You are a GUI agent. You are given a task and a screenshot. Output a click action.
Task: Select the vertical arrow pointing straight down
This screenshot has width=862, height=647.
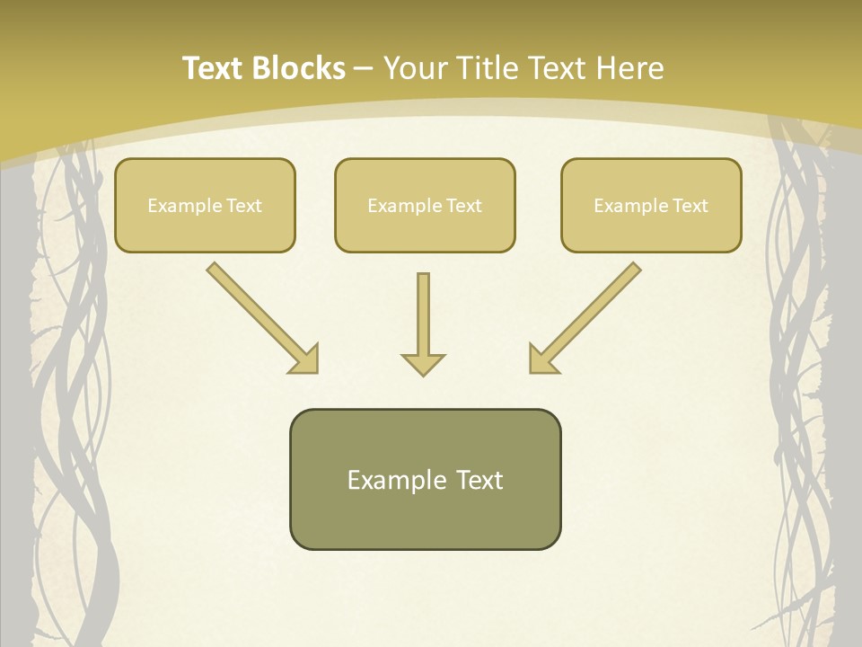coord(423,319)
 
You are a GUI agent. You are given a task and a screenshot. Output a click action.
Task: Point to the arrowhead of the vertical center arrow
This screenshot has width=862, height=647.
coord(423,364)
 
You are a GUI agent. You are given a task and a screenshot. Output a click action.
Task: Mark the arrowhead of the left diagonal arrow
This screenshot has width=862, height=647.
coord(305,359)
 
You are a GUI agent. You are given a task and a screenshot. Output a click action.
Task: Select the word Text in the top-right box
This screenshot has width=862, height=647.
coord(690,206)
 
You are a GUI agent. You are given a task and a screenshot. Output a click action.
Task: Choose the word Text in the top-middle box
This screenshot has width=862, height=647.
coord(463,206)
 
